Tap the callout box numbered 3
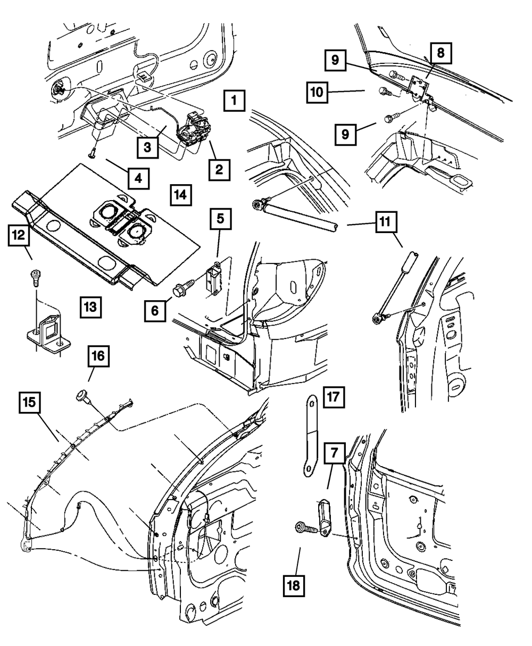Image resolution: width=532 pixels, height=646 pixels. [147, 146]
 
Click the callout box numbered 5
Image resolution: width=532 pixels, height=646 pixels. [220, 219]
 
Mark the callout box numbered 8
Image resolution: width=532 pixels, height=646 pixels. [440, 53]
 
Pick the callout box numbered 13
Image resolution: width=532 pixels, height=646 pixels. [91, 307]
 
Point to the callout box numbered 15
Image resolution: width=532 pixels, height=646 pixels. [31, 403]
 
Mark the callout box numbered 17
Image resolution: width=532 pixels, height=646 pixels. [333, 396]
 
